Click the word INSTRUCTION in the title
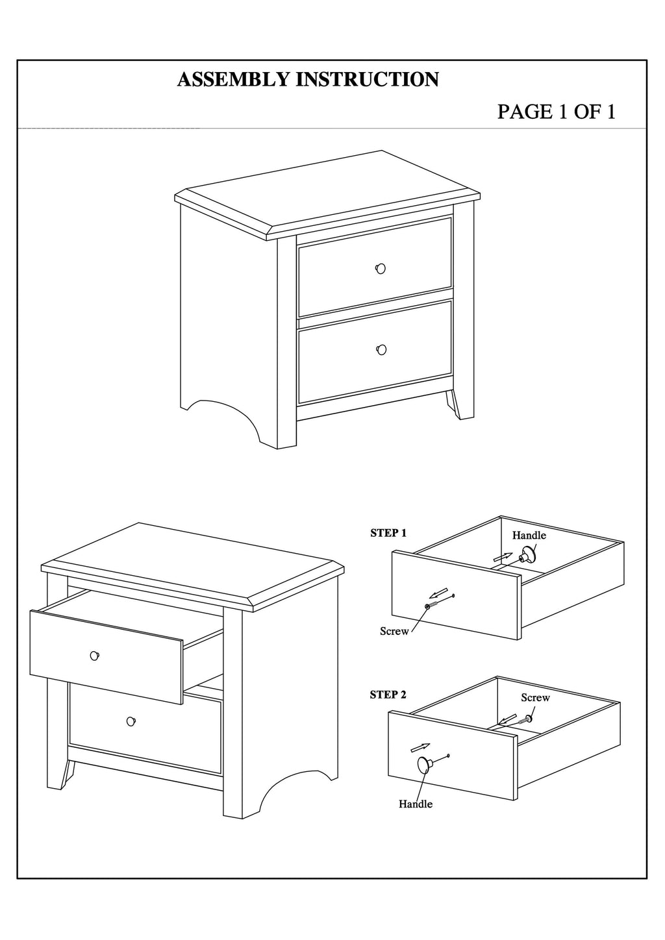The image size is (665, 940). [x=368, y=79]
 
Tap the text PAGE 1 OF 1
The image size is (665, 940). [x=557, y=112]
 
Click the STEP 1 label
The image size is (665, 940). [x=388, y=534]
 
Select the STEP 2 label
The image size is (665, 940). [x=388, y=695]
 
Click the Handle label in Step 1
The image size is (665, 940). [x=529, y=535]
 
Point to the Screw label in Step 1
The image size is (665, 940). [x=394, y=631]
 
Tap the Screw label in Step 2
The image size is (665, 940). [x=535, y=697]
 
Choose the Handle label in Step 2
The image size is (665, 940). [x=416, y=804]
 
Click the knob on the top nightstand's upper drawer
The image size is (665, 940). [x=381, y=268]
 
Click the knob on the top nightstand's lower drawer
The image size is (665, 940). [x=381, y=349]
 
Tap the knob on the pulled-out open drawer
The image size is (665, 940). [x=95, y=655]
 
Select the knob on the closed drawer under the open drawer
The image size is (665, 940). [x=131, y=721]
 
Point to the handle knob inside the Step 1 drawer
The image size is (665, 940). [x=527, y=555]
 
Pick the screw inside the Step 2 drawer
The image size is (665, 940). [x=526, y=719]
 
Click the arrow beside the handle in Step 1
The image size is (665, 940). [x=503, y=557]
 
